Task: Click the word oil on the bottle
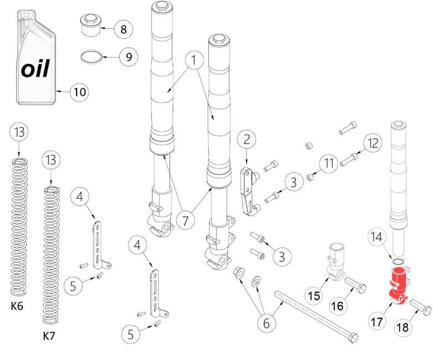point(35,68)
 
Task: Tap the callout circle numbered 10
point(79,92)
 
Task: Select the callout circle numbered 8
point(124,29)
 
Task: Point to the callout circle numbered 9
point(129,57)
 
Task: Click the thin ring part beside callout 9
point(91,57)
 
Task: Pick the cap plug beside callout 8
point(90,25)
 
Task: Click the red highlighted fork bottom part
point(398,286)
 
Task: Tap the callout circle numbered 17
point(377,322)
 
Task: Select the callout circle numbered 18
point(403,327)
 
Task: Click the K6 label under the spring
point(17,306)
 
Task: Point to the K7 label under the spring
point(49,336)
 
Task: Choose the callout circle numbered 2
point(247,139)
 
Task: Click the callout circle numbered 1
point(194,60)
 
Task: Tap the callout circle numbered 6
point(267,323)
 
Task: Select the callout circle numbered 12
point(373,143)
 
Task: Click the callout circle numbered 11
point(329,163)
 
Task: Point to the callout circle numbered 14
point(376,237)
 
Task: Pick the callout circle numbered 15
point(314,296)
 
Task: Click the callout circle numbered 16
point(338,306)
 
